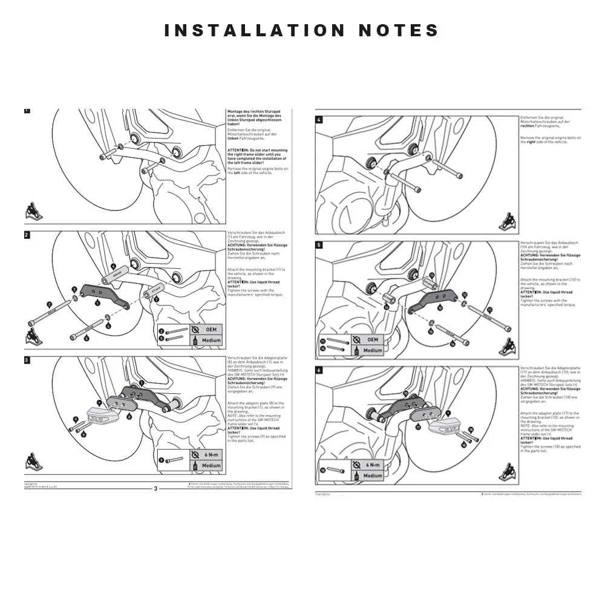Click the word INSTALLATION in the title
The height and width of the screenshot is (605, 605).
[254, 30]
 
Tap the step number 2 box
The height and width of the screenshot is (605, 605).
[27, 235]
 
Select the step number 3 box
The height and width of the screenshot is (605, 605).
[27, 360]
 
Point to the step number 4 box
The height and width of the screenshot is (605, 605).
[319, 120]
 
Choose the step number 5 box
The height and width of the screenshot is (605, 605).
[319, 245]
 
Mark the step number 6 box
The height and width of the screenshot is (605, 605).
[319, 370]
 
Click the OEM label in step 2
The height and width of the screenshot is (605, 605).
[211, 330]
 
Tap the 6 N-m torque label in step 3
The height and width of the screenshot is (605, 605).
[211, 455]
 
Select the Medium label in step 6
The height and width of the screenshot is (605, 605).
[373, 476]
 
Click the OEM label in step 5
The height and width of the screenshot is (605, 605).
[373, 340]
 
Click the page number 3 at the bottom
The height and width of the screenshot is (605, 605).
[155, 489]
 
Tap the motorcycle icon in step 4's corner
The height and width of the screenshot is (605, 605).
[506, 223]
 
